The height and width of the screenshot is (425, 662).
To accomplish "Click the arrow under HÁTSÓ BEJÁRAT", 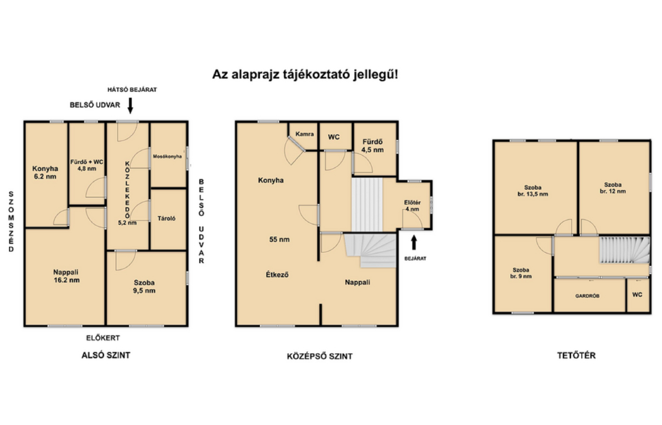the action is click(x=130, y=106).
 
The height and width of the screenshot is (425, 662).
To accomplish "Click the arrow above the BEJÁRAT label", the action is click(x=414, y=242).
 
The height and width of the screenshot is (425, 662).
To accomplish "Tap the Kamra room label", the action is click(x=304, y=134).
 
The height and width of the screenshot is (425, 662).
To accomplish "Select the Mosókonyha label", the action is click(x=167, y=156).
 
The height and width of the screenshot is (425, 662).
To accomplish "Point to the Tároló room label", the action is click(x=166, y=218).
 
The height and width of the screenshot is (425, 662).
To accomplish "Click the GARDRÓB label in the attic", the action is click(x=587, y=296).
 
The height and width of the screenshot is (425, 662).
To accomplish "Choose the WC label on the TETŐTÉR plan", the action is click(x=637, y=295).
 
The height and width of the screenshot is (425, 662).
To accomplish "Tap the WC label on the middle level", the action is click(x=333, y=137).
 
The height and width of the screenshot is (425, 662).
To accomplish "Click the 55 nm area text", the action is click(x=279, y=239).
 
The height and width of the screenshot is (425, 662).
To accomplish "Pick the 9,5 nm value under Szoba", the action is click(x=144, y=291).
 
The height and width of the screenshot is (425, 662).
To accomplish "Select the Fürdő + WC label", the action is click(x=87, y=162).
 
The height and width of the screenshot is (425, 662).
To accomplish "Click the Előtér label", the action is click(x=412, y=203).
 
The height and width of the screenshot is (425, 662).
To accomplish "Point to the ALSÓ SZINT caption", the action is click(x=106, y=355).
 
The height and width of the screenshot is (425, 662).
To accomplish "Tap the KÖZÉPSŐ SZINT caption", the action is click(x=320, y=356).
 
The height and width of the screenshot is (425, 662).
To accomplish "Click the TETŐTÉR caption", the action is click(x=576, y=356).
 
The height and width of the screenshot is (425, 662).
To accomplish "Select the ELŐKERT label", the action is click(x=103, y=338).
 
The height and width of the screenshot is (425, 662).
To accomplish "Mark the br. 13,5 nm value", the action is click(x=532, y=194).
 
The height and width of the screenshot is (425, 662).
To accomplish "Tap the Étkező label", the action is click(x=277, y=275).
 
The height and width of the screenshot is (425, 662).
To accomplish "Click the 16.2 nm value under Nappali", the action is click(x=66, y=280).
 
